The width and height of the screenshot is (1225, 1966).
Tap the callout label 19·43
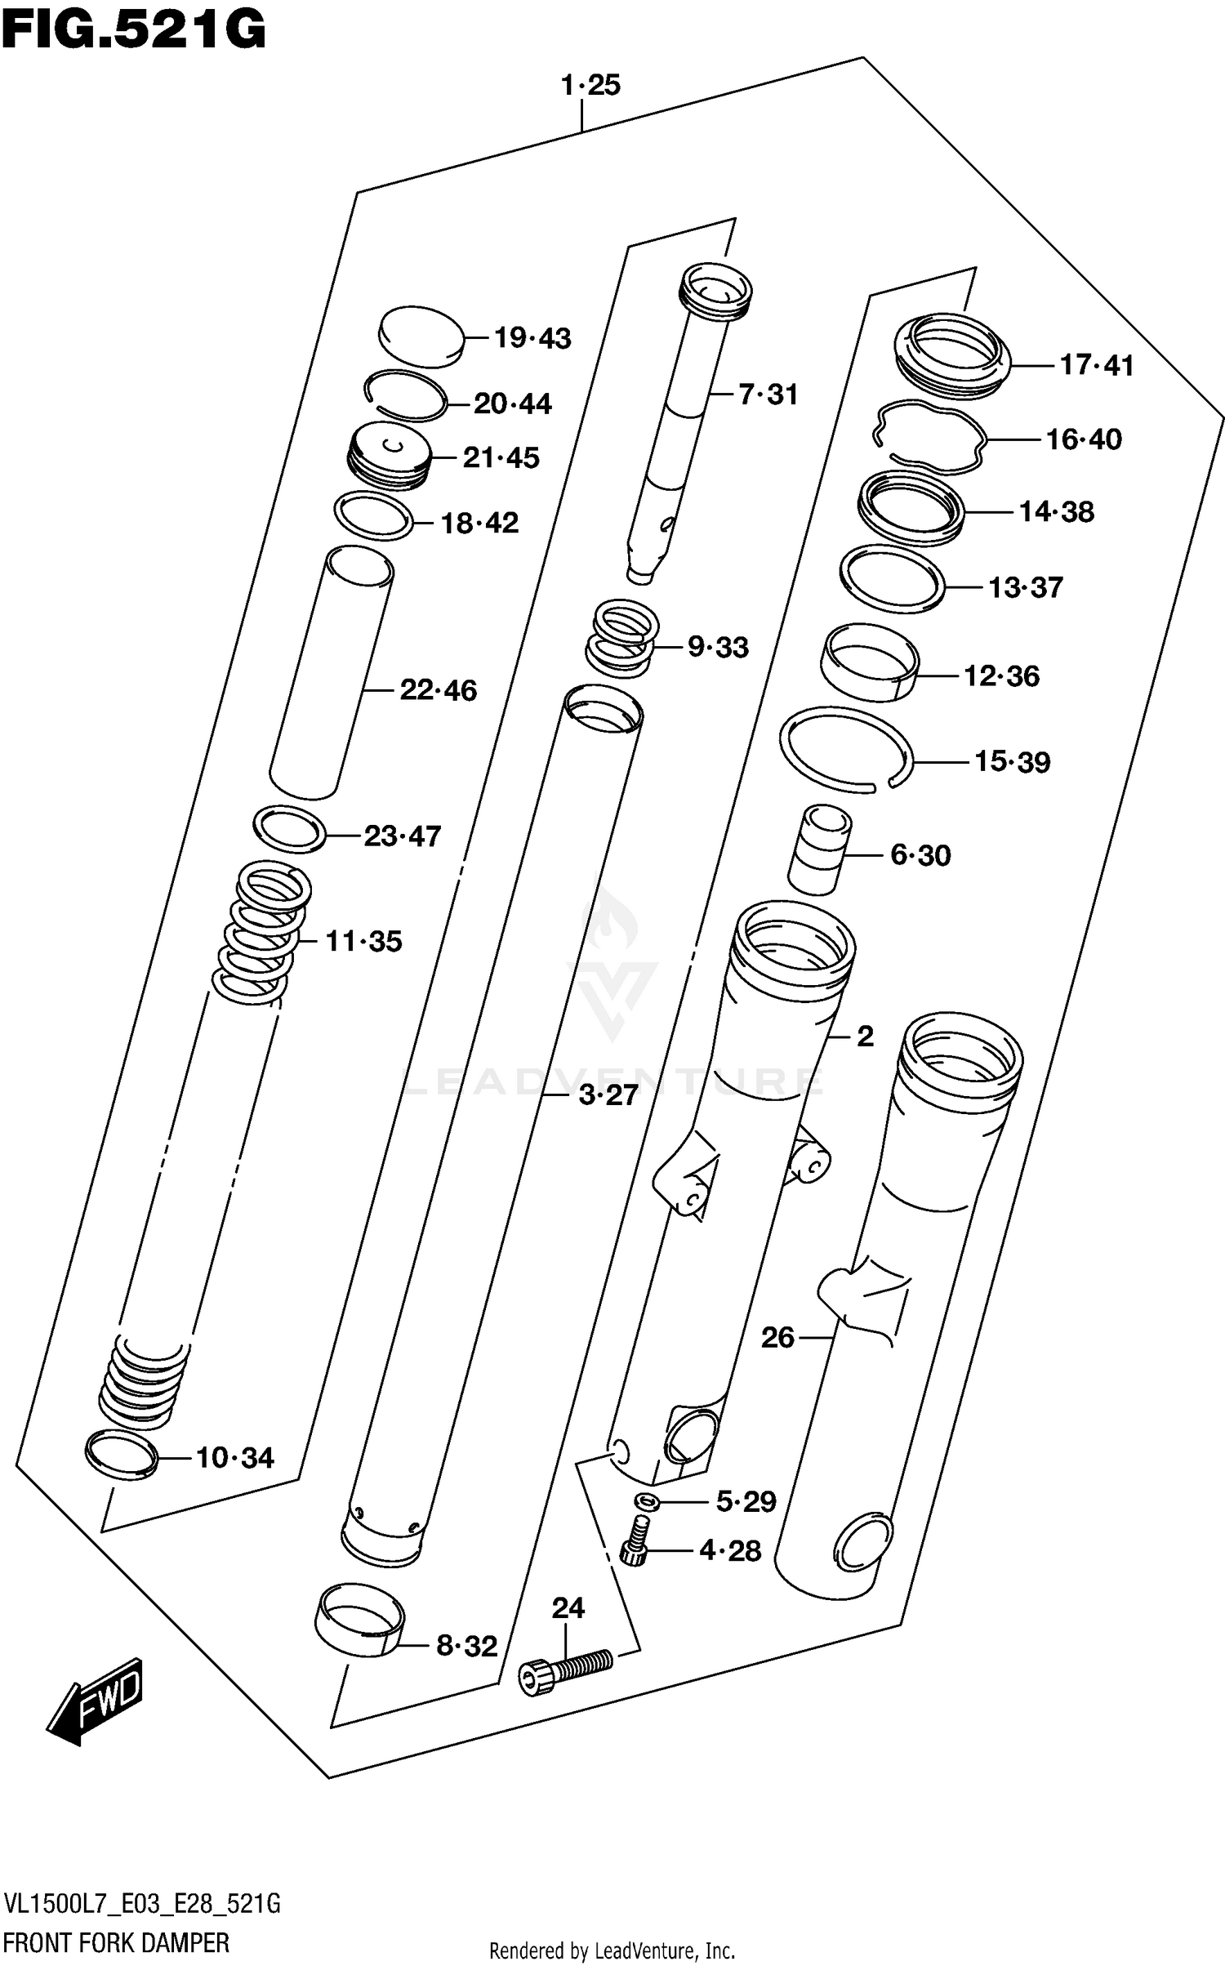532,338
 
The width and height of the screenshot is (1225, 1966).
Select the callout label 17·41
1096,365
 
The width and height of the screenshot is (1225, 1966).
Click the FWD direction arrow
96,1698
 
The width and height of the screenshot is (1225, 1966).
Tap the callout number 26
777,1338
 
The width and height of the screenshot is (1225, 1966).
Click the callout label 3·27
608,1095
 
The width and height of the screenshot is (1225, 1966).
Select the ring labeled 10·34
121,1455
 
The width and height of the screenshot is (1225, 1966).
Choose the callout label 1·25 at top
590,86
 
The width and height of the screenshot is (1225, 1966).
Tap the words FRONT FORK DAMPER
115,1943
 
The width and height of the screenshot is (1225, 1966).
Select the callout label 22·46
438,691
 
